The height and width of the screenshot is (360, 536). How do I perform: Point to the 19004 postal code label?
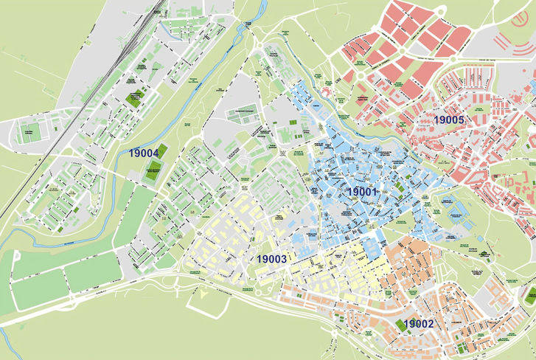pyautogui.click(x=144, y=153)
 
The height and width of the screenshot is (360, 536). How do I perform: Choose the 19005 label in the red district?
pyautogui.click(x=448, y=120)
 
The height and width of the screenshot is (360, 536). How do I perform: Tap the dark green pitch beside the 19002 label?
pyautogui.click(x=403, y=325)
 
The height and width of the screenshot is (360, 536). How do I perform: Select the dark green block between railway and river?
pyautogui.click(x=136, y=97)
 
